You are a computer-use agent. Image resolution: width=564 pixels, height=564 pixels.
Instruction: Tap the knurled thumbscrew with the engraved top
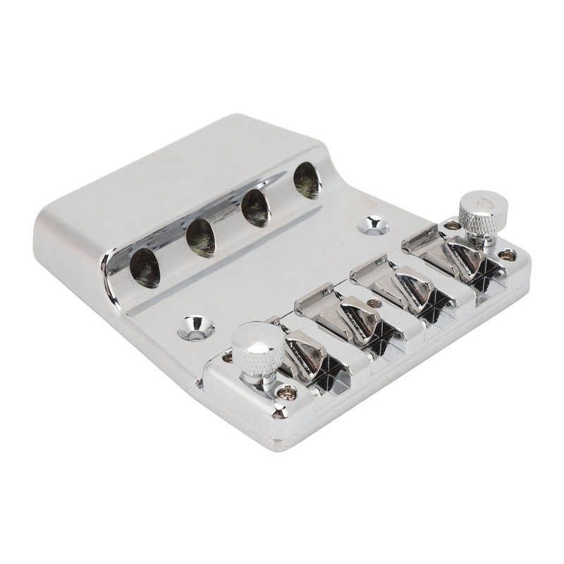[481, 209]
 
